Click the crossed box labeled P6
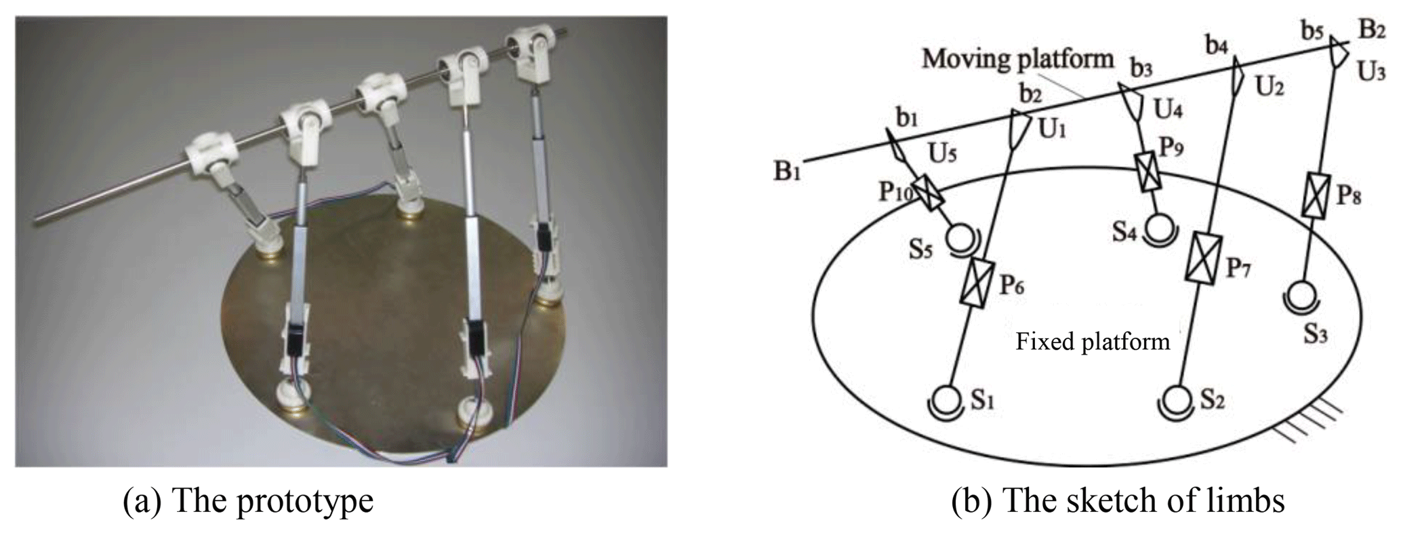pos(975,282)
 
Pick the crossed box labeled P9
pos(1147,172)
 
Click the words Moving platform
pos(1017,59)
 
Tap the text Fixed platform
pos(1093,341)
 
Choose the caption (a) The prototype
pos(248,500)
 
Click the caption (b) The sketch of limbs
pos(1118,500)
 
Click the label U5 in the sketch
pos(943,155)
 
